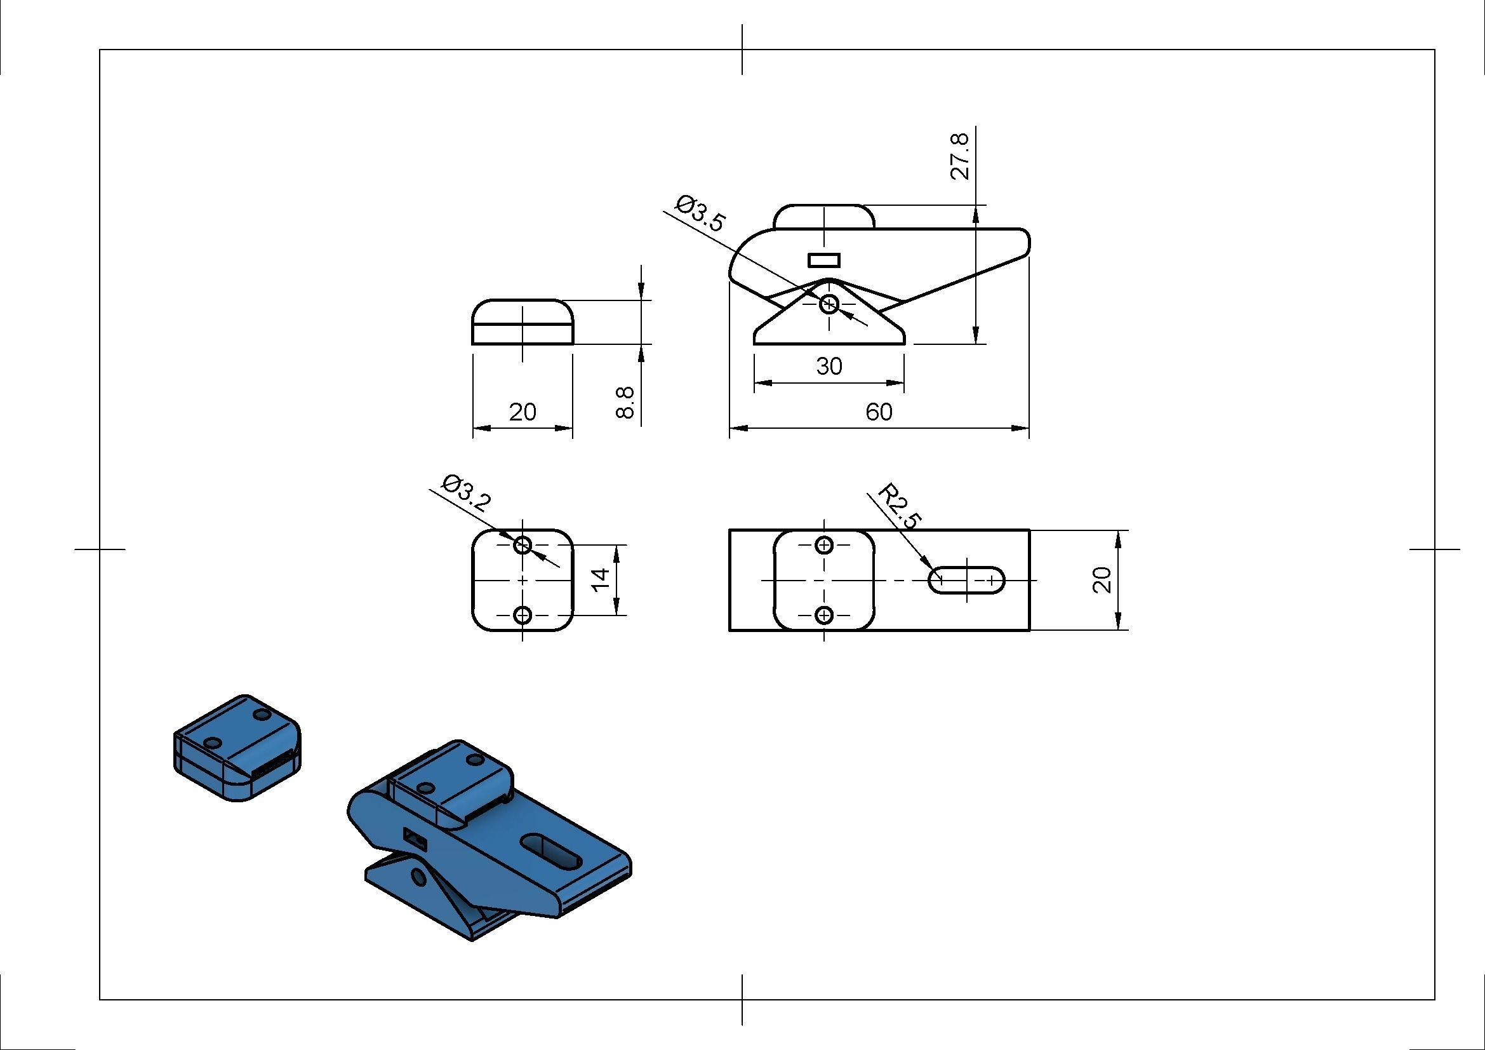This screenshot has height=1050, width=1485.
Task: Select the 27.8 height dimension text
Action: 961,156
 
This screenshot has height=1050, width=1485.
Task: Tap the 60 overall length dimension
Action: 879,412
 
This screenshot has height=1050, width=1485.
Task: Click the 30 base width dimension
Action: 829,367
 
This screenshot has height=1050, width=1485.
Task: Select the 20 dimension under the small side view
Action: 523,412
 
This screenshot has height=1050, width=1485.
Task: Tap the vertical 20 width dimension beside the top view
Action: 1102,580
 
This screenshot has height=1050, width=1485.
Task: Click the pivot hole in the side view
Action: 829,304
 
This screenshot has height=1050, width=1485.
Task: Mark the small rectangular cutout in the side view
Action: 824,260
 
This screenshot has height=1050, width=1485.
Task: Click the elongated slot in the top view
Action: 967,580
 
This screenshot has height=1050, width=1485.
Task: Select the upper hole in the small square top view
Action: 523,546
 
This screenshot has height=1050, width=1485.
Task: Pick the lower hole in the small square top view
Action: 523,615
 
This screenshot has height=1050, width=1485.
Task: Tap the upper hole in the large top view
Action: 824,546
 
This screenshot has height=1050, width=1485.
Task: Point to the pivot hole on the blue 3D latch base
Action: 418,878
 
